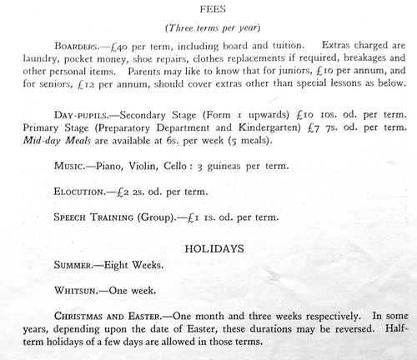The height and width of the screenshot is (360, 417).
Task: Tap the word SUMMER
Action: [73, 269]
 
